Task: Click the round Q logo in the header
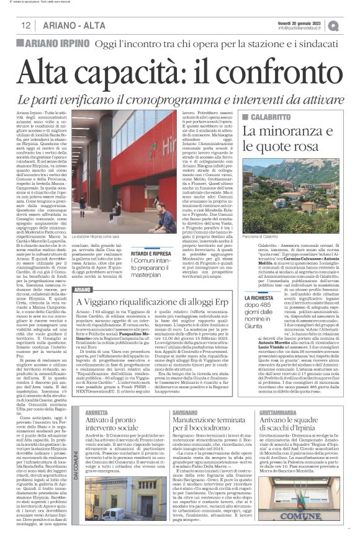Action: coord(351,25)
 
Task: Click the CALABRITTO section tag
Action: coord(271,117)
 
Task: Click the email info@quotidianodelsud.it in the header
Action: coord(308,28)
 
